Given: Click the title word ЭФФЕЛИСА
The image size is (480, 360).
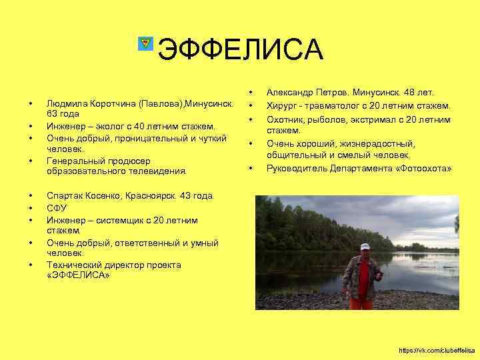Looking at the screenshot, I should click(x=241, y=49).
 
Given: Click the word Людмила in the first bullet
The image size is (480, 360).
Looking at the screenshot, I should click(x=64, y=105).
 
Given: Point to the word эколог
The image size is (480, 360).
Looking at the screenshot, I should click(x=101, y=126).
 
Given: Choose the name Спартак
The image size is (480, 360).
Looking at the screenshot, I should click(x=65, y=196).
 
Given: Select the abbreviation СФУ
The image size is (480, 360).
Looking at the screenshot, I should click(x=57, y=208).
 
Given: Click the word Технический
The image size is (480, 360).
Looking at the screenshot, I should click(x=71, y=265).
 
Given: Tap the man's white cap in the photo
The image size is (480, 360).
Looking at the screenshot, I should click(x=364, y=247).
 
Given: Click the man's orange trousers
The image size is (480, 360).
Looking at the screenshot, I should click(x=362, y=303).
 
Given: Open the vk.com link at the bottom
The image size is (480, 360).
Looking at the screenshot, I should click(x=436, y=350).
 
